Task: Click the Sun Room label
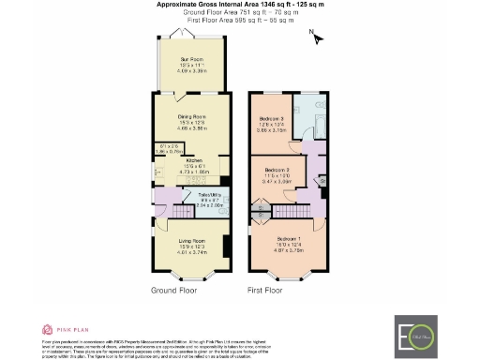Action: pos(191,59)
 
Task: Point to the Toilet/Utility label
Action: pos(209,197)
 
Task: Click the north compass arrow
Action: pos(317,38)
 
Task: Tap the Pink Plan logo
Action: pos(62,330)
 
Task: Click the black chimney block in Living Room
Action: pos(226,247)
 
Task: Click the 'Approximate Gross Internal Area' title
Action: pos(238,5)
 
